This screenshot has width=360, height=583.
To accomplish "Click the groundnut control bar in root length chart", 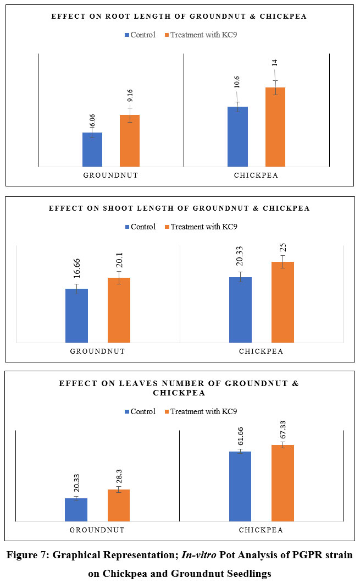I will point(92,150).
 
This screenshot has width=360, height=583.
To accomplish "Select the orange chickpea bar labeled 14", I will point(275,127).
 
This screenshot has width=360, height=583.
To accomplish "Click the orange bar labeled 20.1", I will point(119,310).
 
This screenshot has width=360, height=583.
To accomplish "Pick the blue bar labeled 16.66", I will point(76,316).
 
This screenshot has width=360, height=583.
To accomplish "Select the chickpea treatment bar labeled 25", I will point(283,302).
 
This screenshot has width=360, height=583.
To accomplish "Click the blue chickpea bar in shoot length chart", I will point(240,310).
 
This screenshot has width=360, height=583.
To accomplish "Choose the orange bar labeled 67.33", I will point(283,483).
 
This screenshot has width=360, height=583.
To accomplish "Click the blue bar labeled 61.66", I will point(240,486).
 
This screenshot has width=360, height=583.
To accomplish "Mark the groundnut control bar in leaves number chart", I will point(76,510).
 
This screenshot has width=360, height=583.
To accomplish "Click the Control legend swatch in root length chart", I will point(128,35).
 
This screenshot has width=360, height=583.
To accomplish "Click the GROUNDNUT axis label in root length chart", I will point(110,176).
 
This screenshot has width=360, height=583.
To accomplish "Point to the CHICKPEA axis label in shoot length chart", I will point(261,351).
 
